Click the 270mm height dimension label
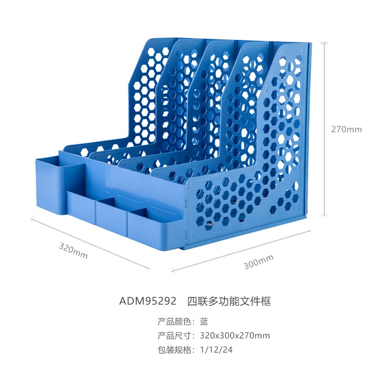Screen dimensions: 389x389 pyautogui.click(x=346, y=129)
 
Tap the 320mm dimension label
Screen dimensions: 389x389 pyautogui.click(x=73, y=251)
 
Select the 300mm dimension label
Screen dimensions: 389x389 pyautogui.click(x=258, y=262)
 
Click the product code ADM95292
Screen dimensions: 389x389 pyautogui.click(x=148, y=301)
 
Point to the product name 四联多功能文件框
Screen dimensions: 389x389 pyautogui.click(x=229, y=301)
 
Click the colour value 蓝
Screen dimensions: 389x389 pyautogui.click(x=204, y=321)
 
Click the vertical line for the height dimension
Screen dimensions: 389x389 pyautogui.click(x=324, y=129)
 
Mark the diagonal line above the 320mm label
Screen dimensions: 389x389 pyautogui.click(x=90, y=243)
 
